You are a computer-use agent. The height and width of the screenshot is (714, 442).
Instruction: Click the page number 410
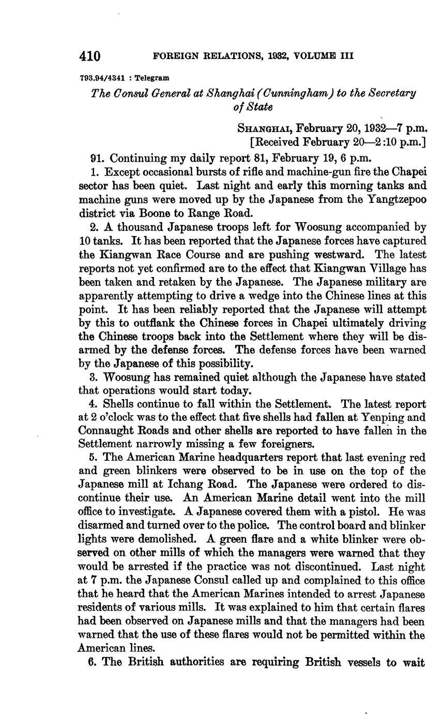click(89, 56)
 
